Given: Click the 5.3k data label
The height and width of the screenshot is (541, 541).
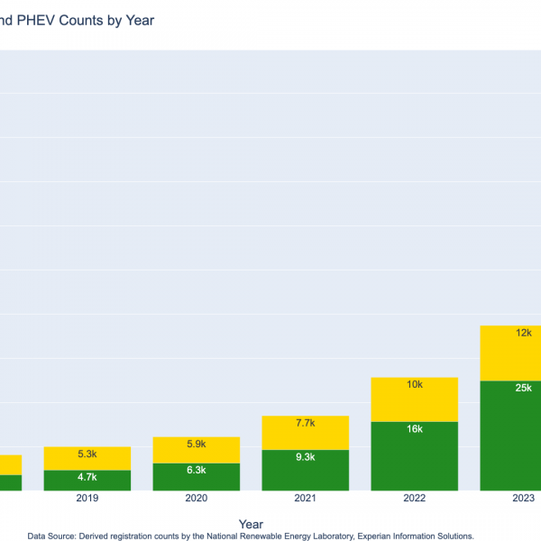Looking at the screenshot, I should tap(87, 454).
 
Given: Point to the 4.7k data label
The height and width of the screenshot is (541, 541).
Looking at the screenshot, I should tap(87, 477).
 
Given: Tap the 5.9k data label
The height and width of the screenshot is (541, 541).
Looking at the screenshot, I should tap(197, 444).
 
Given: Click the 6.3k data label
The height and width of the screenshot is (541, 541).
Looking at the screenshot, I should tap(197, 470).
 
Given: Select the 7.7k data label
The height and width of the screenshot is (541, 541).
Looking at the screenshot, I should tap(305, 423).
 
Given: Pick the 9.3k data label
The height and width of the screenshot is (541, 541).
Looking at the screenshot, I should tap(305, 457).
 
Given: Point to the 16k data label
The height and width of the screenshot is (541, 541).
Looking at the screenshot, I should tap(415, 429).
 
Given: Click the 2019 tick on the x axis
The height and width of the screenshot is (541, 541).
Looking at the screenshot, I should tap(87, 499).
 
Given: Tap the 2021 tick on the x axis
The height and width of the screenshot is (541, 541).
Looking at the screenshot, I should tap(305, 499).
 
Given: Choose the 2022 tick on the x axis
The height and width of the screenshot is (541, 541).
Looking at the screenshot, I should tap(415, 499).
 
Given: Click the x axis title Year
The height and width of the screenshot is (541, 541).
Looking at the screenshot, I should tap(252, 524).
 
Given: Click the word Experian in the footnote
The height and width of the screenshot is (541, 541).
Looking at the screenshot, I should tap(353, 536).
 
